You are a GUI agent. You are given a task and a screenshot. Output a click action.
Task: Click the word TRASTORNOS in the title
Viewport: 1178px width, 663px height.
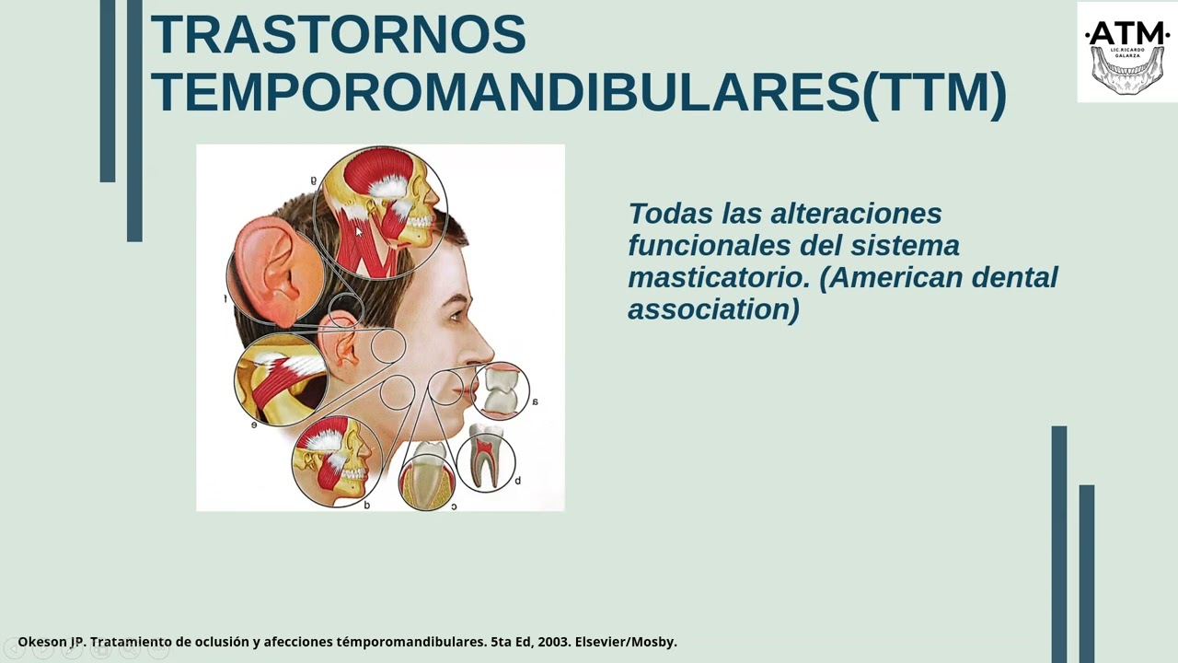tap(338, 34)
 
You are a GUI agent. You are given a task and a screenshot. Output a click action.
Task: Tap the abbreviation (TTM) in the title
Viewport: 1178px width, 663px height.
tap(934, 91)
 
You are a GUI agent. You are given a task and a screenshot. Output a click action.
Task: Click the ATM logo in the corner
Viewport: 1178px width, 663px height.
tap(1126, 52)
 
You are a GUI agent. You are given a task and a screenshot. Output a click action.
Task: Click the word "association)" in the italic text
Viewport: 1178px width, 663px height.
tap(713, 309)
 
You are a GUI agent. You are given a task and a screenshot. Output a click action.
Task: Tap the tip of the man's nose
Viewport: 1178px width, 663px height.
tap(491, 355)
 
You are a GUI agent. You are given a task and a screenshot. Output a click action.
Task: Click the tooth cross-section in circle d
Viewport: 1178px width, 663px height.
tap(486, 457)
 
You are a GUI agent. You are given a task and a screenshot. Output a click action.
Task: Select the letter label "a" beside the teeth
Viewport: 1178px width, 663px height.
tap(535, 401)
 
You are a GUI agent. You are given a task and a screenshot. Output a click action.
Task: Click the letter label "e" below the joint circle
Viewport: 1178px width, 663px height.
tap(254, 425)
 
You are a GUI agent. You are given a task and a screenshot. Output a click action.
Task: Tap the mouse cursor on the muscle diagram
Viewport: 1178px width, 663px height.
tap(359, 233)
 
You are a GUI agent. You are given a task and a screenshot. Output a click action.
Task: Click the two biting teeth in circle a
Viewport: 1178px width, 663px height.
tap(501, 389)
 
